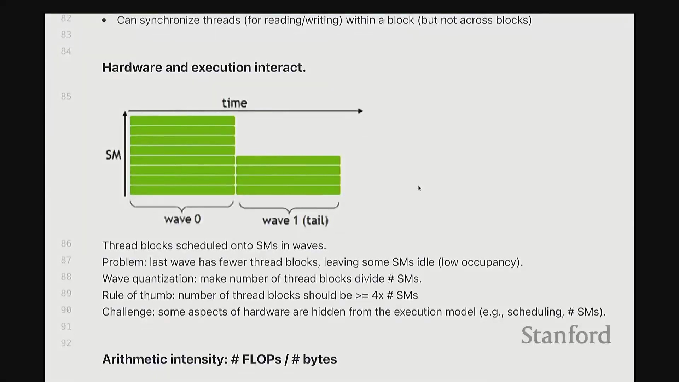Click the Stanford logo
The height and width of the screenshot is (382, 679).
(566, 335)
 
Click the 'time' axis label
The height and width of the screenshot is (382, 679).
(234, 103)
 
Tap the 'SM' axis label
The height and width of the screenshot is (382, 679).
(114, 155)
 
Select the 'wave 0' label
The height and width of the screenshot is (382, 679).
(182, 219)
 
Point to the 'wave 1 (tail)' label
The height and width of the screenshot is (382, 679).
(295, 220)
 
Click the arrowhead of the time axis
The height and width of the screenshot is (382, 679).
(360, 111)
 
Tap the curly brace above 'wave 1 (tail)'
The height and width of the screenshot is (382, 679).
(289, 208)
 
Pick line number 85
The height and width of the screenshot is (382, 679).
(66, 97)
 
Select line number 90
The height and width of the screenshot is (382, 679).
(66, 310)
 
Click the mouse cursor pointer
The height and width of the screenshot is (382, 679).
(419, 188)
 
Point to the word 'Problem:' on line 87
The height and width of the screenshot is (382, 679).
(124, 262)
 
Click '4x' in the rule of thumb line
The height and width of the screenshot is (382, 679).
(377, 295)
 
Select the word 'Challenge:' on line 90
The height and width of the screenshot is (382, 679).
(128, 312)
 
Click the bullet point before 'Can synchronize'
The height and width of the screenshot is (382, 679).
(104, 21)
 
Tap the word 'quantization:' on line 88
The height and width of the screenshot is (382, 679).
(164, 279)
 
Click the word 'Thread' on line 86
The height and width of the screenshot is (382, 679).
(120, 245)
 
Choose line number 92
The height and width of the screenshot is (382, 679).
(66, 343)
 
